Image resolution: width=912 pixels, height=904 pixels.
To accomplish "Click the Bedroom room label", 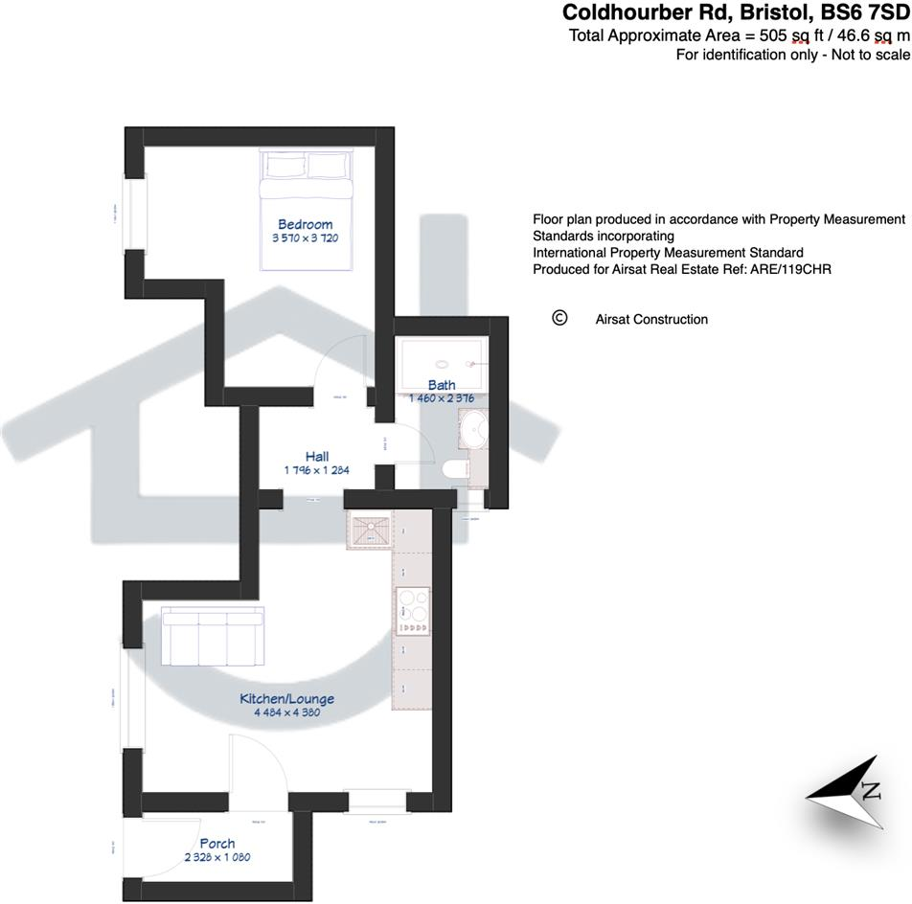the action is [x=306, y=224].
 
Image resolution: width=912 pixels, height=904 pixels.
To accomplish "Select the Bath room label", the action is [x=442, y=386].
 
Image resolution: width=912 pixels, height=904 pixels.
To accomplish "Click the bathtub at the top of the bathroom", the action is [x=442, y=365].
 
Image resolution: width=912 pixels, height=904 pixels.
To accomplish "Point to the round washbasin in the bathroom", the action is [x=473, y=431].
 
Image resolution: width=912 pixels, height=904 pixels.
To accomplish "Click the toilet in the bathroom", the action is [x=456, y=467].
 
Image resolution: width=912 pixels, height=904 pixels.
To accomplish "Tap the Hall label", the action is [x=318, y=457].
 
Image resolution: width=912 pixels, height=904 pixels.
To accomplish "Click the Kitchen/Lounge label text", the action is [x=286, y=700].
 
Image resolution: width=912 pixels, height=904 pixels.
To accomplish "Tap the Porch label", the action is [x=217, y=844].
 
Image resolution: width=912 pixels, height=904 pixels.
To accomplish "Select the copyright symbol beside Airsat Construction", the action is [x=560, y=318].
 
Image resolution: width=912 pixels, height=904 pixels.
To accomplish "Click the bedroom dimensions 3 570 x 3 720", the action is [x=307, y=237].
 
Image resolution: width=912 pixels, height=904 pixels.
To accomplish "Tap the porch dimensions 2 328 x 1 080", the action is [x=218, y=858].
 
